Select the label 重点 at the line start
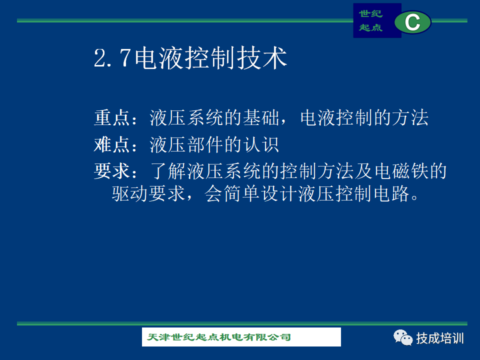112,118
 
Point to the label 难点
112,144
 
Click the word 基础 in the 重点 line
261,118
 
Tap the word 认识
261,144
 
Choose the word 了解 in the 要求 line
168,171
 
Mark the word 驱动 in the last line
130,193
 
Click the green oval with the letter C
412,22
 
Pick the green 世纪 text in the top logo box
370,14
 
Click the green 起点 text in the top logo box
370,27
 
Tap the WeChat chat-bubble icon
403,337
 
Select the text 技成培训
440,338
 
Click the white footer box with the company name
241,337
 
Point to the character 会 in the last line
213,193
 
